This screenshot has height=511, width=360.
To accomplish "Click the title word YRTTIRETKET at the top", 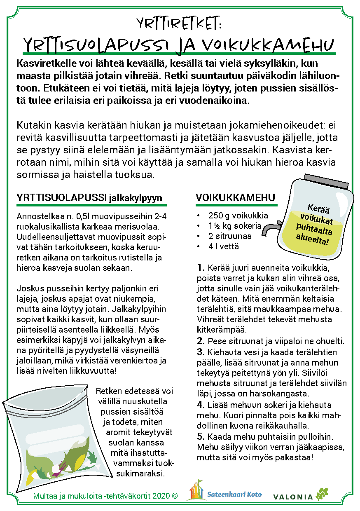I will (x=179, y=23).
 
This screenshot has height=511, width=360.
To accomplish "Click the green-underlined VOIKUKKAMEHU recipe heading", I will (x=236, y=197).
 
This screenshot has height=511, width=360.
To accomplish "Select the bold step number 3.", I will (x=201, y=352).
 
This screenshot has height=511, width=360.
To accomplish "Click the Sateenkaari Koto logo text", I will (x=234, y=495).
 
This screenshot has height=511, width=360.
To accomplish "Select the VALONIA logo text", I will (x=293, y=497).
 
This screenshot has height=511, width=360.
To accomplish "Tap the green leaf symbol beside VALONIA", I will (x=322, y=494).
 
